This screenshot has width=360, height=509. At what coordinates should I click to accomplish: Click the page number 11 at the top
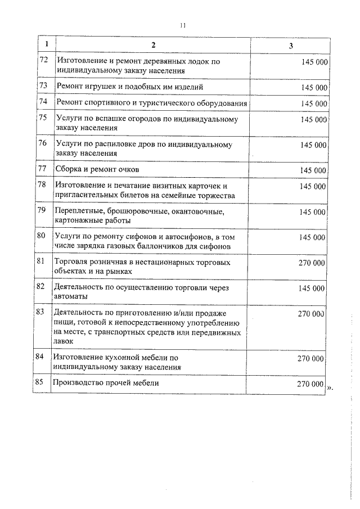coord(182,25)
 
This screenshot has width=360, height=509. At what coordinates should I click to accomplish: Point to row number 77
coord(41,169)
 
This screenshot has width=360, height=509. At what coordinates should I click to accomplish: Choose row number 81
coord(40,262)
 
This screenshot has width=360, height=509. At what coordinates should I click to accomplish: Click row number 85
coord(39,383)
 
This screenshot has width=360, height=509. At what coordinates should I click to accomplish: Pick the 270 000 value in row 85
coord(310,384)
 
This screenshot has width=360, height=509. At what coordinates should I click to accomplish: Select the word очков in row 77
coord(126,169)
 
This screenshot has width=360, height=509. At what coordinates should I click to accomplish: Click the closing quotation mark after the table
coord(330,387)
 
